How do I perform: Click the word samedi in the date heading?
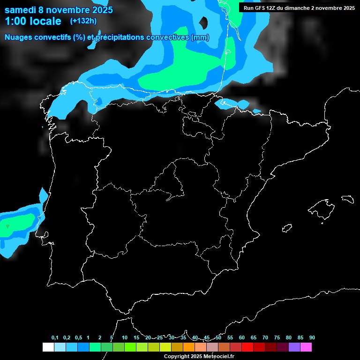20,10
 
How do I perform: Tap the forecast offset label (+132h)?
83,21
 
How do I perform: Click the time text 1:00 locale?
33,21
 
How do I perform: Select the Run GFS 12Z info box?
299,7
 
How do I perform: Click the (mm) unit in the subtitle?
200,37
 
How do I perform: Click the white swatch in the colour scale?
48,347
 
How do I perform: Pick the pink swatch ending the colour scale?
306,347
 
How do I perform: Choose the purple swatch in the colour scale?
294,347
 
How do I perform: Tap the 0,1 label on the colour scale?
55,338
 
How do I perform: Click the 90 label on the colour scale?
312,338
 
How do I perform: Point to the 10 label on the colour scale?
125,338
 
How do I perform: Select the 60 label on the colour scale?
242,338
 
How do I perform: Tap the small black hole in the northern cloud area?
204,22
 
